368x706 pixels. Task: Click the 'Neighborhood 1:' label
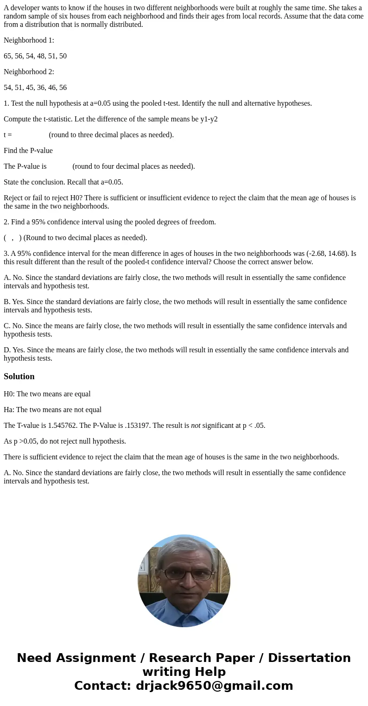point(29,40)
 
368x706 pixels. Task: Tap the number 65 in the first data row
point(8,56)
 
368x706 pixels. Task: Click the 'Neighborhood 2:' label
point(29,72)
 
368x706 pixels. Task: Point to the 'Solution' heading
point(19,376)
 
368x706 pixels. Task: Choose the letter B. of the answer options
point(7,302)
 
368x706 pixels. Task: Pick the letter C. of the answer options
point(7,326)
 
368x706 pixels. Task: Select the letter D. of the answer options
point(7,350)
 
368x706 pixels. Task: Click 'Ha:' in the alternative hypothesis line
point(9,410)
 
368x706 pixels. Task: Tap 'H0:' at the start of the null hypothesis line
point(9,394)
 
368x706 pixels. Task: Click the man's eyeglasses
point(187,574)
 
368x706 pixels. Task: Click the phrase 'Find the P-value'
point(28,151)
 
